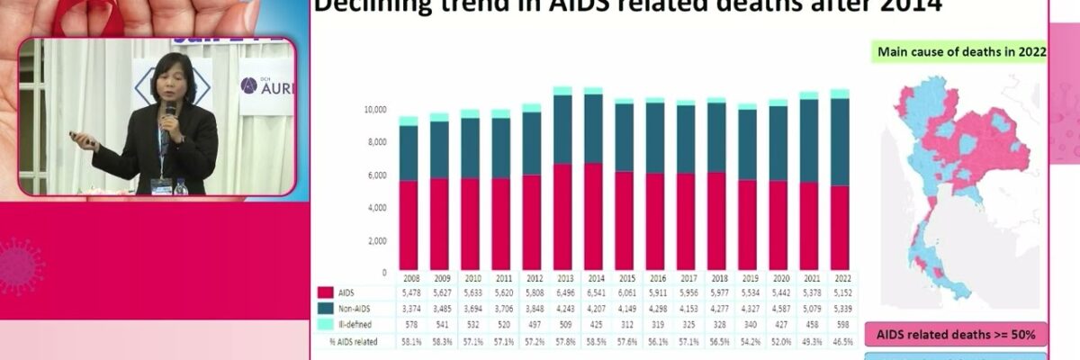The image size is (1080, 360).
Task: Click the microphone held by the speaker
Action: (169, 111)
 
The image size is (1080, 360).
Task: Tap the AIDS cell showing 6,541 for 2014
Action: (593, 292)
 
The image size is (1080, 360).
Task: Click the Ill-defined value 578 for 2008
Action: (409, 325)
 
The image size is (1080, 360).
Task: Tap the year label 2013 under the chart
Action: (562, 278)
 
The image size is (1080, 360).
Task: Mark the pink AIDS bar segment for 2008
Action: (409, 225)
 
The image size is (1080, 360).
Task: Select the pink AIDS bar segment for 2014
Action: (593, 217)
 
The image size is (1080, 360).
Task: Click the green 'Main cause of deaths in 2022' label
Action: (961, 52)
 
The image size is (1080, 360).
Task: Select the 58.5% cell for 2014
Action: (593, 341)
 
